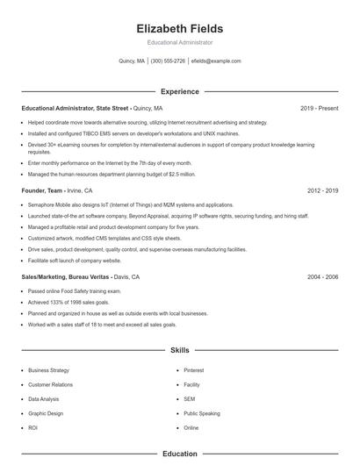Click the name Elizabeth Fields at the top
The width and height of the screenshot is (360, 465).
click(179, 28)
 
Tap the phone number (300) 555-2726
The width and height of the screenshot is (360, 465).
click(168, 61)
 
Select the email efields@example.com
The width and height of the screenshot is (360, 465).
click(215, 61)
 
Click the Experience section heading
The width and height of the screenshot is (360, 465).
click(179, 91)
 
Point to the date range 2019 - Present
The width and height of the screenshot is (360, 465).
click(319, 108)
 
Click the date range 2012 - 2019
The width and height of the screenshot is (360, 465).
click(322, 190)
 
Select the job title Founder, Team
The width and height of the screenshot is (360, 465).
click(42, 190)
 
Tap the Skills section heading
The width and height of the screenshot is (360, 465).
click(179, 349)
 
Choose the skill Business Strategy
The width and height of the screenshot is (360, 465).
click(48, 370)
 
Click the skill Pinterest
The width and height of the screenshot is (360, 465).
click(193, 370)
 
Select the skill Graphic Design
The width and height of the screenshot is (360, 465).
click(46, 413)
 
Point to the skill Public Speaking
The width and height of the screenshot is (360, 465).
click(202, 413)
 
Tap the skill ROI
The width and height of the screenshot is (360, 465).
click(32, 427)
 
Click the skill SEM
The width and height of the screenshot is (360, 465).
click(190, 398)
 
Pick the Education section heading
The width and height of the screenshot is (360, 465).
click(179, 454)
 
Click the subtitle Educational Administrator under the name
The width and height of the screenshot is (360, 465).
click(179, 42)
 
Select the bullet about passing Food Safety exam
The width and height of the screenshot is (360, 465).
click(75, 290)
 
